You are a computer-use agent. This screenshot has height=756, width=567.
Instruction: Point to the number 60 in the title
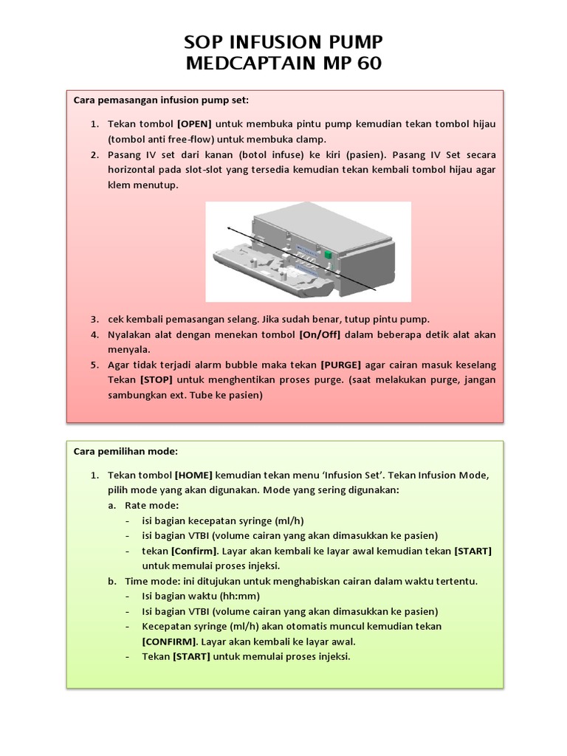(365, 63)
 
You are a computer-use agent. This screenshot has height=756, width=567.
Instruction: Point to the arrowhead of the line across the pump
(230, 230)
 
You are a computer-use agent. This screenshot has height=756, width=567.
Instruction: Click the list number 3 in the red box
(94, 319)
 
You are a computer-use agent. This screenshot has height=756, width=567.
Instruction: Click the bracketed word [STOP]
(156, 380)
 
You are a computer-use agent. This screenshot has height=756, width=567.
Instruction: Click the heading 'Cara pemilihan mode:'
(126, 451)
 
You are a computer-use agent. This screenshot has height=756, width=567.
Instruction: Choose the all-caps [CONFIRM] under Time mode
(169, 641)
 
